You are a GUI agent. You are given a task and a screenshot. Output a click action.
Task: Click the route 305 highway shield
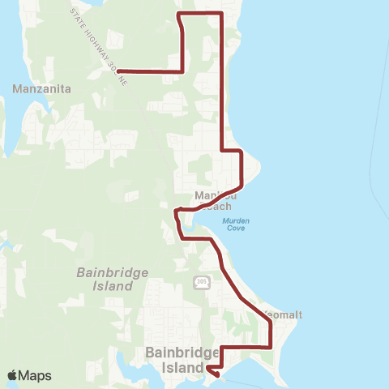[x=201, y=281]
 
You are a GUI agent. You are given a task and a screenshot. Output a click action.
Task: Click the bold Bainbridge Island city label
[x=183, y=360]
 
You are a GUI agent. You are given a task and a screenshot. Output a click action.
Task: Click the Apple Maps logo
[x=28, y=375]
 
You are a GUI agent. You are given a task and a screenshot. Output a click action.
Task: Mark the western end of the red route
[x=118, y=71]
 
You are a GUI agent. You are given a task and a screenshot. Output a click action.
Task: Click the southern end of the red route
[x=217, y=374]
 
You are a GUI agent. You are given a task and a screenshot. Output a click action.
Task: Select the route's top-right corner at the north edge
[x=222, y=14]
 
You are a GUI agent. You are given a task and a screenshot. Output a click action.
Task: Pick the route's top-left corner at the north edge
[x=179, y=14]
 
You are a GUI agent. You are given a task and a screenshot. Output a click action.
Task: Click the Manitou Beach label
[x=214, y=200]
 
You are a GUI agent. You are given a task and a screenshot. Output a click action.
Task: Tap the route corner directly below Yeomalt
[x=270, y=347]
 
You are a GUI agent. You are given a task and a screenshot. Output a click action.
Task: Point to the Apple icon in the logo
[x=13, y=375]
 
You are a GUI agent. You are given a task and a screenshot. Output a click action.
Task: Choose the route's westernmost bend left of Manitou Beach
[x=176, y=212]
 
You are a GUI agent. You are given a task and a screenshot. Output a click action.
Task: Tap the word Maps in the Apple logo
[x=35, y=375]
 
